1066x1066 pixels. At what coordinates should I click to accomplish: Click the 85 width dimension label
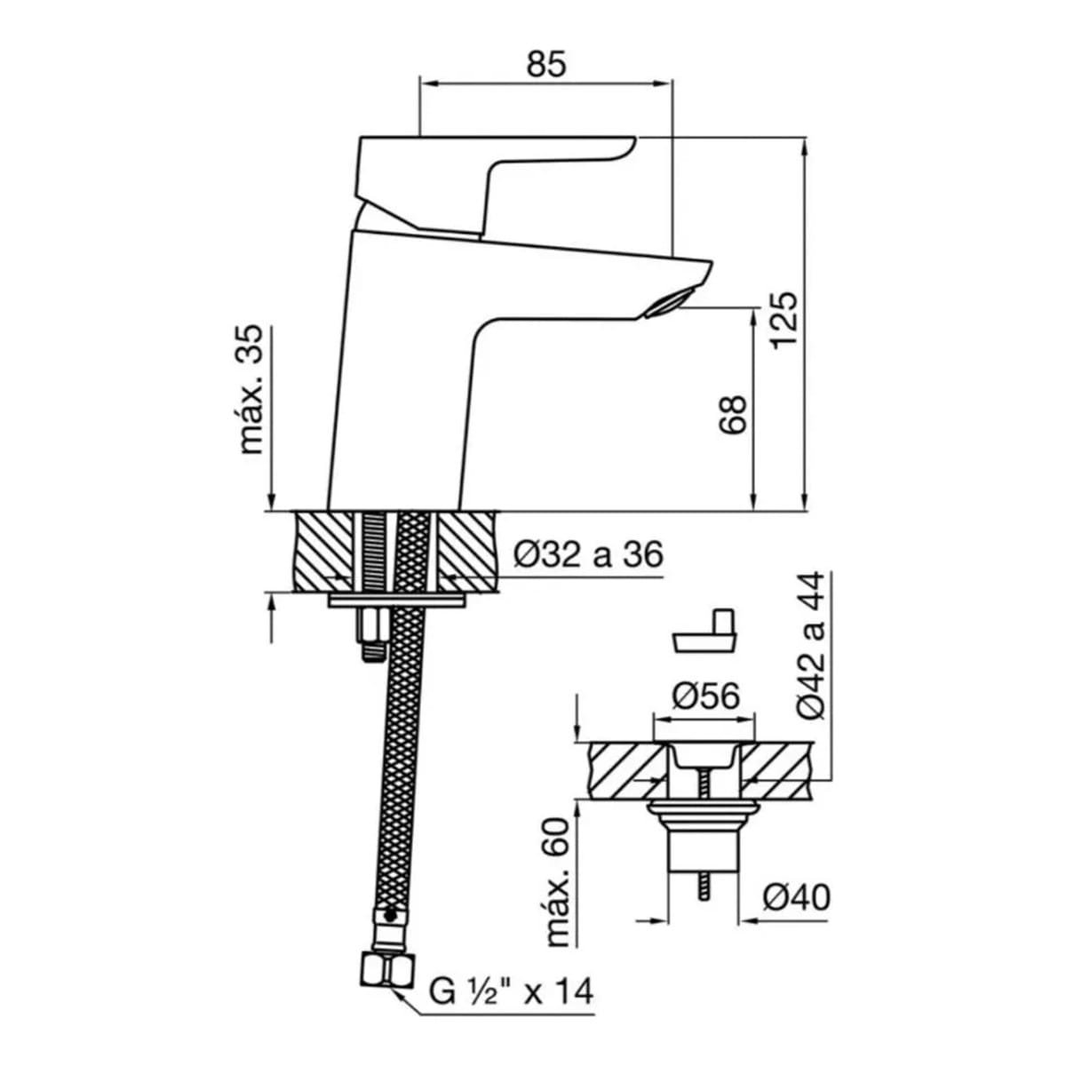546,64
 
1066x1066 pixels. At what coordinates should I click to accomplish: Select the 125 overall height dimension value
784,320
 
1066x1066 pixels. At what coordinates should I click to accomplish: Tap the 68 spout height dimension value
734,415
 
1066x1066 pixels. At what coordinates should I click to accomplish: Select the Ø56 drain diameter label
705,696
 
